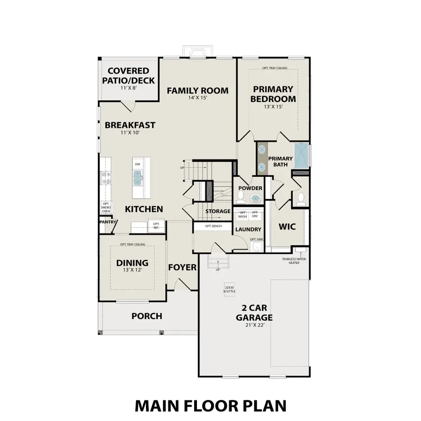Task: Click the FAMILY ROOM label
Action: [x=197, y=90]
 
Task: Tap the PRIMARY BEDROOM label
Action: [x=273, y=94]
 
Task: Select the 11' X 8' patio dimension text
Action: [x=128, y=88]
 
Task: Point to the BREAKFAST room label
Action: [x=130, y=125]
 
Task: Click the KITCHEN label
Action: [x=144, y=209]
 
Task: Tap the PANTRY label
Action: [x=107, y=222]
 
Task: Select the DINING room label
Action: [x=132, y=263]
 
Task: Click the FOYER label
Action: [x=182, y=267]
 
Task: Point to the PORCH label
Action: [x=146, y=316]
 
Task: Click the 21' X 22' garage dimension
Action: [x=254, y=326]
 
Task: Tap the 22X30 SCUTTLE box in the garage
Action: [x=229, y=289]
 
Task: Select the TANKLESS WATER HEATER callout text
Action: [x=294, y=261]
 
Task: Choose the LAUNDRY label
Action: [x=248, y=229]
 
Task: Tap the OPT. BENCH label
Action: [x=213, y=226]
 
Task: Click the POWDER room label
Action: [x=250, y=188]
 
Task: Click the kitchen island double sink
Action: [x=138, y=177]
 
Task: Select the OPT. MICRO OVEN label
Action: [x=106, y=208]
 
